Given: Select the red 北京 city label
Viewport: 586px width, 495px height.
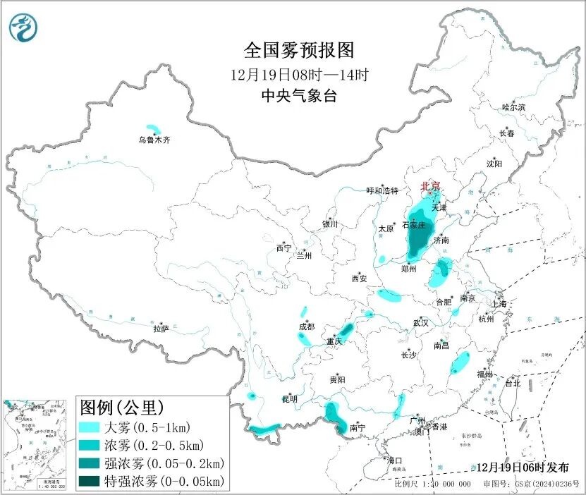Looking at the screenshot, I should pyautogui.click(x=430, y=186).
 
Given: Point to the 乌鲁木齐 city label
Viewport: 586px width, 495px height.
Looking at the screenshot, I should pyautogui.click(x=154, y=140).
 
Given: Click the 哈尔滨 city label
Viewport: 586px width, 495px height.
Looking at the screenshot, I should pyautogui.click(x=513, y=107).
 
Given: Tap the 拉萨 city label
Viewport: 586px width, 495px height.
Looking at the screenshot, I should pyautogui.click(x=161, y=329).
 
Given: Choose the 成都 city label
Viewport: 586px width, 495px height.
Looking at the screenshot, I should pyautogui.click(x=306, y=326).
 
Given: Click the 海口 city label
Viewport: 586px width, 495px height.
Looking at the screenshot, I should pyautogui.click(x=394, y=460).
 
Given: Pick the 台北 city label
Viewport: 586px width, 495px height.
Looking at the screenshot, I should pyautogui.click(x=512, y=384).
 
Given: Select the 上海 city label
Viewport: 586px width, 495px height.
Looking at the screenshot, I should pyautogui.click(x=499, y=304).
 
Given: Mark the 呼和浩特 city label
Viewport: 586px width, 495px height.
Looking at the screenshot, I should pyautogui.click(x=382, y=191).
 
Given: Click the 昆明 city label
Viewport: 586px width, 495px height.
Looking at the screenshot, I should pyautogui.click(x=290, y=399).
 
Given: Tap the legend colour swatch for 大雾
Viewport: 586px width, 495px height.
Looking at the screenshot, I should pyautogui.click(x=90, y=427).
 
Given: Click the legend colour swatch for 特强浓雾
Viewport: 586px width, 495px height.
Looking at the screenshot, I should pyautogui.click(x=90, y=482).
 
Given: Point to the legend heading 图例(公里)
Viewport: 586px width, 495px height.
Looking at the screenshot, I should pyautogui.click(x=122, y=408).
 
